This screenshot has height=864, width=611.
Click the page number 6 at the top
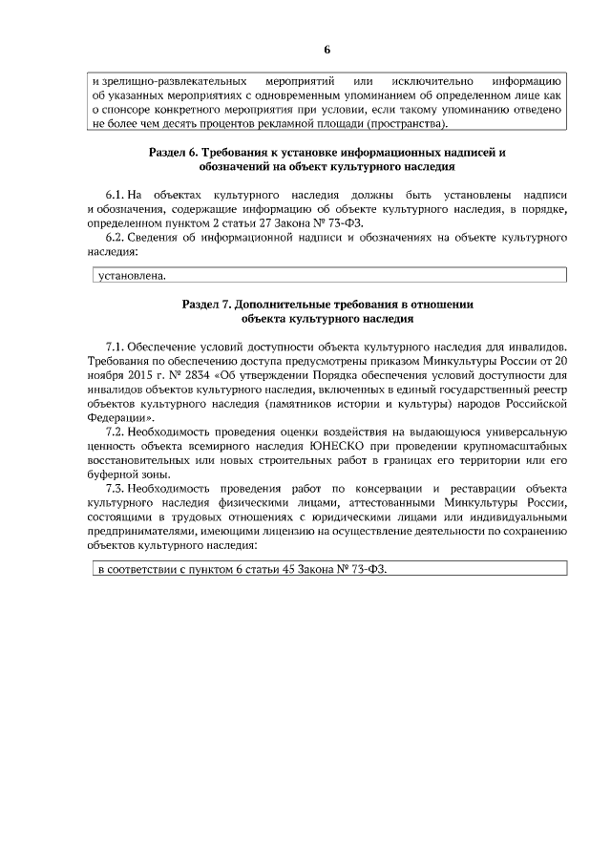[x=327, y=49]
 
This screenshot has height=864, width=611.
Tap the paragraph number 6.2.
[x=116, y=238]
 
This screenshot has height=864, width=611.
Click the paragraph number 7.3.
[x=116, y=488]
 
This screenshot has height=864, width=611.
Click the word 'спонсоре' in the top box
[x=138, y=110]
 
